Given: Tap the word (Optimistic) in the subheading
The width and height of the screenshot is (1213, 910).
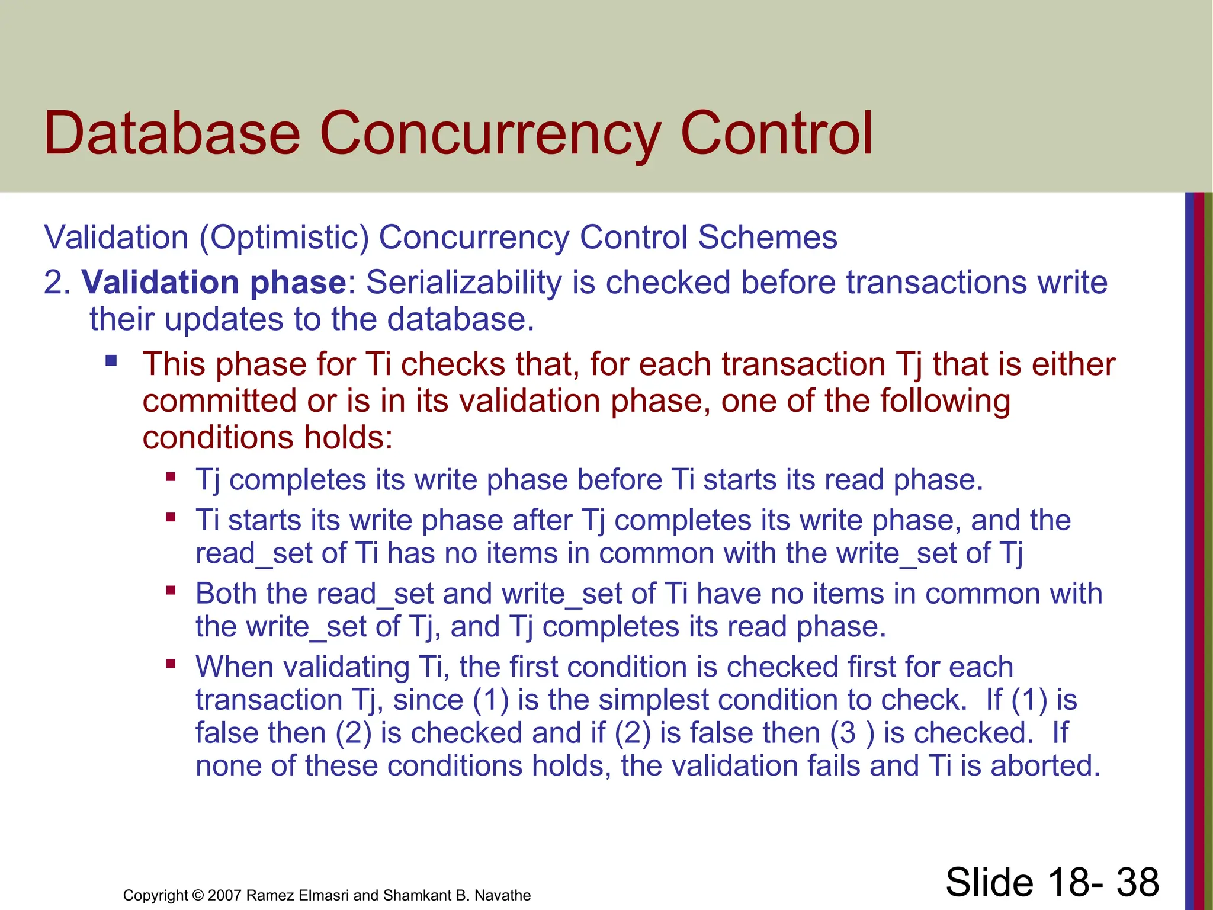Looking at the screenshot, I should pyautogui.click(x=284, y=238).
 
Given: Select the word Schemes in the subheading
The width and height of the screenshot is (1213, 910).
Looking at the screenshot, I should pyautogui.click(x=768, y=238).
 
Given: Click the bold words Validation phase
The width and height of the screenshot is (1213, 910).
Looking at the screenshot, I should pyautogui.click(x=213, y=282).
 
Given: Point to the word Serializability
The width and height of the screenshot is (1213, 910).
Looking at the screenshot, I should pyautogui.click(x=463, y=282).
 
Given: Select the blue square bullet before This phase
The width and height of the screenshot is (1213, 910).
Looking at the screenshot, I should pyautogui.click(x=111, y=360).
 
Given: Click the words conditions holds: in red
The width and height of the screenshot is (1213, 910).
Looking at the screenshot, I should pyautogui.click(x=268, y=438).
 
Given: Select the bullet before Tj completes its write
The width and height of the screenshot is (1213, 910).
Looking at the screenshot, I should pyautogui.click(x=171, y=476).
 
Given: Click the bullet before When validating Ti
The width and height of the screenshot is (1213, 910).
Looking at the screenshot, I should pyautogui.click(x=171, y=664).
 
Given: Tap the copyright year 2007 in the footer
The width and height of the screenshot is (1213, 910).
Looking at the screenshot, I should pyautogui.click(x=224, y=895).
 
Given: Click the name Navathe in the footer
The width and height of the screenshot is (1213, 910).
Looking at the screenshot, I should pyautogui.click(x=502, y=895).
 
